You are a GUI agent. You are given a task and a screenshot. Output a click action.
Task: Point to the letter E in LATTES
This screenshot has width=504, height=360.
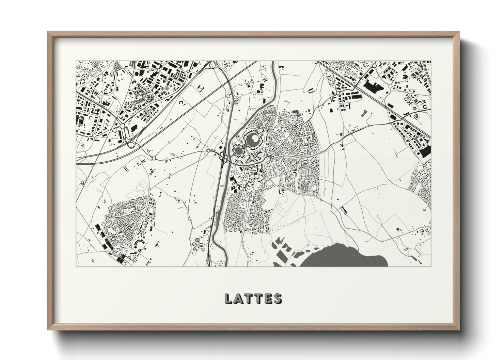(268, 298)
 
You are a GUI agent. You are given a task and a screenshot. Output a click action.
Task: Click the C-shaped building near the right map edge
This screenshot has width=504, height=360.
(424, 107)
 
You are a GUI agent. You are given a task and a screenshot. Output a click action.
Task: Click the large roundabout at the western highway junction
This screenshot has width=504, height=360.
(122, 126)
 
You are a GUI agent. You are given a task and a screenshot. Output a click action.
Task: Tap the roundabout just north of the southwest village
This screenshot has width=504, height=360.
(149, 189)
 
